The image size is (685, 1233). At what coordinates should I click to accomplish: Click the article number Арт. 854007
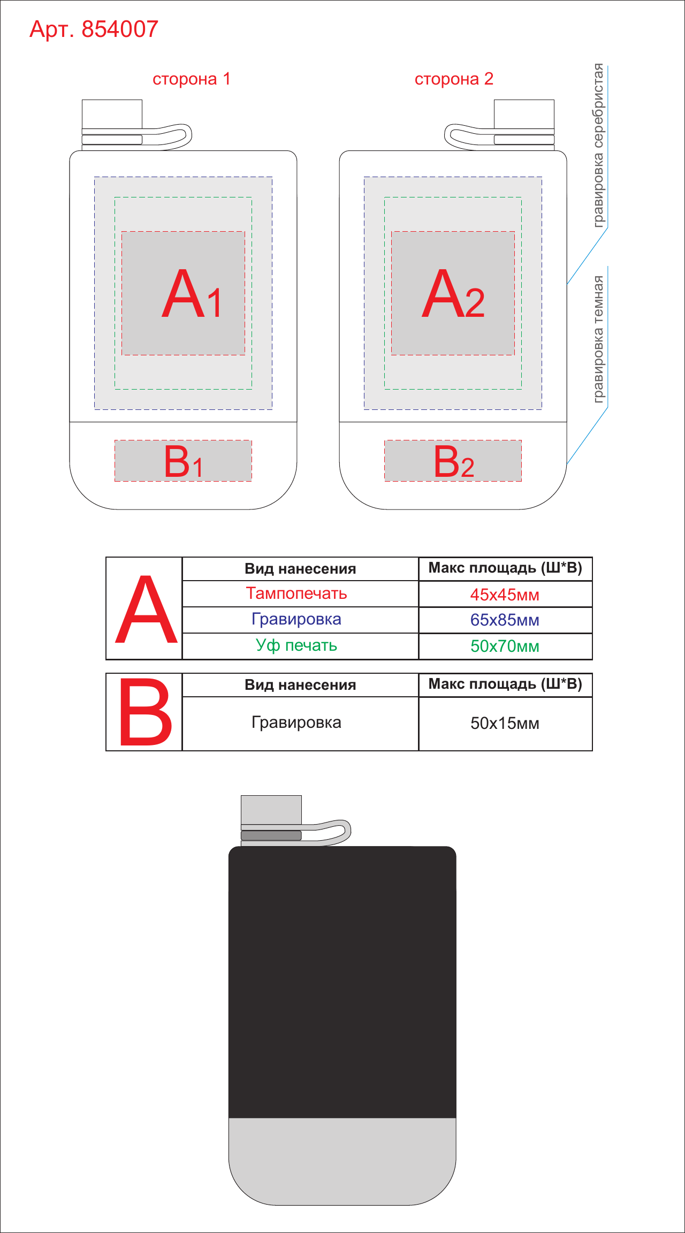[94, 29]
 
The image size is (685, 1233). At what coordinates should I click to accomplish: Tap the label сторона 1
[192, 79]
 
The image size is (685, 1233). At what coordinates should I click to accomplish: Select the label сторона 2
[454, 79]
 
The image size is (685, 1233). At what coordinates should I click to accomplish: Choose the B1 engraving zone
[183, 461]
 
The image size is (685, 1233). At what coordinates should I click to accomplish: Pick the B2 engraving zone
[453, 461]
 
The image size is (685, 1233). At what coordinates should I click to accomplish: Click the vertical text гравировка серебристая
[598, 146]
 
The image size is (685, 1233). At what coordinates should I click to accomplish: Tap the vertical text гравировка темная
[598, 339]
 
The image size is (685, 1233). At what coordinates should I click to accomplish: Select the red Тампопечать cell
[296, 593]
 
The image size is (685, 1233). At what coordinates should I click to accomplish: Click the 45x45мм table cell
[505, 595]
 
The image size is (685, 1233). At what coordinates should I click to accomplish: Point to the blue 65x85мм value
[505, 620]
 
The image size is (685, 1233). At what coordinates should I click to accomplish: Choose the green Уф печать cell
[296, 645]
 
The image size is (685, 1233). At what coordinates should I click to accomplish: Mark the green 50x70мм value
[505, 646]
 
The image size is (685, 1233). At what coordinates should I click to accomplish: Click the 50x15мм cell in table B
[505, 723]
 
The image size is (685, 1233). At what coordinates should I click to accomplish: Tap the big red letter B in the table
[146, 712]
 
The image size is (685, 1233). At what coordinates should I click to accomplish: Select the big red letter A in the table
[146, 610]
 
